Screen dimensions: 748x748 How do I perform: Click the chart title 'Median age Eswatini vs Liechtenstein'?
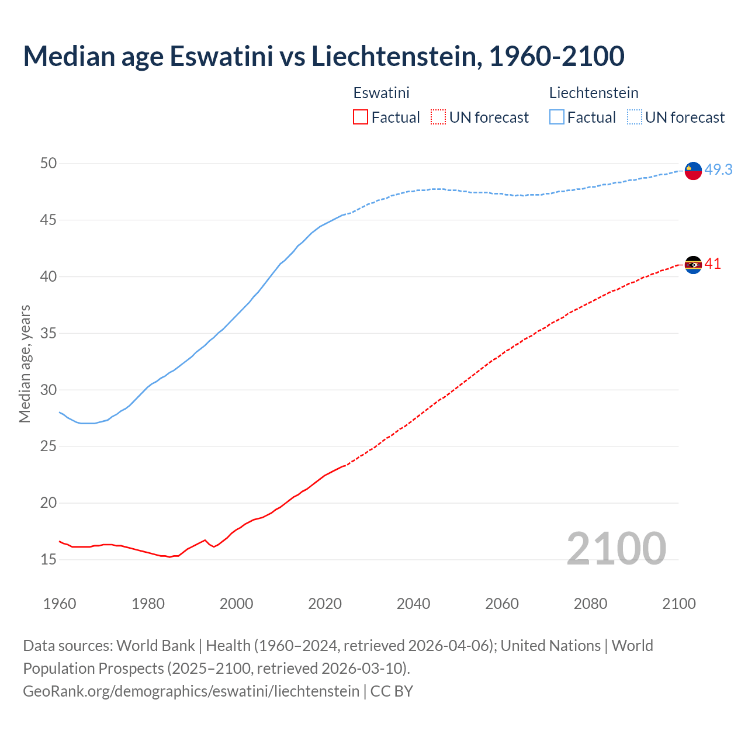323,56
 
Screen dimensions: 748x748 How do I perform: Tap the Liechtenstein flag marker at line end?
693,171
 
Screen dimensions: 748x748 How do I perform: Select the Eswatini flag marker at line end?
693,265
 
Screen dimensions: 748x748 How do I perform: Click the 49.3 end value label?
718,169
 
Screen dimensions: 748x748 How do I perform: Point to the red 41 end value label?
712,264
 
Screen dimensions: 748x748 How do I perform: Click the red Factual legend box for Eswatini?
361,117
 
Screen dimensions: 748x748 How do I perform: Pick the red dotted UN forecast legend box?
438,117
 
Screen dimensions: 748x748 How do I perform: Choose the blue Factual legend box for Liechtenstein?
557,117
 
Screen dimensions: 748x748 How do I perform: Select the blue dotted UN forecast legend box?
635,117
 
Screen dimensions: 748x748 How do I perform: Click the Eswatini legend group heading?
381,93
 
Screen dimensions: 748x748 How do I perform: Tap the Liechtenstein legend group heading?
593,93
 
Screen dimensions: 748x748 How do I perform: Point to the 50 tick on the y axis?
49,163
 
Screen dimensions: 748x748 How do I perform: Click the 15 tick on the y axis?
49,559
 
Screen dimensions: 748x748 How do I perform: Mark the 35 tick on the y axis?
49,333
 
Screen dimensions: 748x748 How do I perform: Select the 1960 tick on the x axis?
60,604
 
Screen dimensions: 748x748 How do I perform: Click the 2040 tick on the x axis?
413,604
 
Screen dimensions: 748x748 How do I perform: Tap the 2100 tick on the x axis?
678,604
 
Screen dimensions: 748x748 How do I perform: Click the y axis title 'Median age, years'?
25,363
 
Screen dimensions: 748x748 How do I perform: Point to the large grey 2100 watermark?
616,548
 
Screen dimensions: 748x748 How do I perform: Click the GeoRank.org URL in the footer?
191,691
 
